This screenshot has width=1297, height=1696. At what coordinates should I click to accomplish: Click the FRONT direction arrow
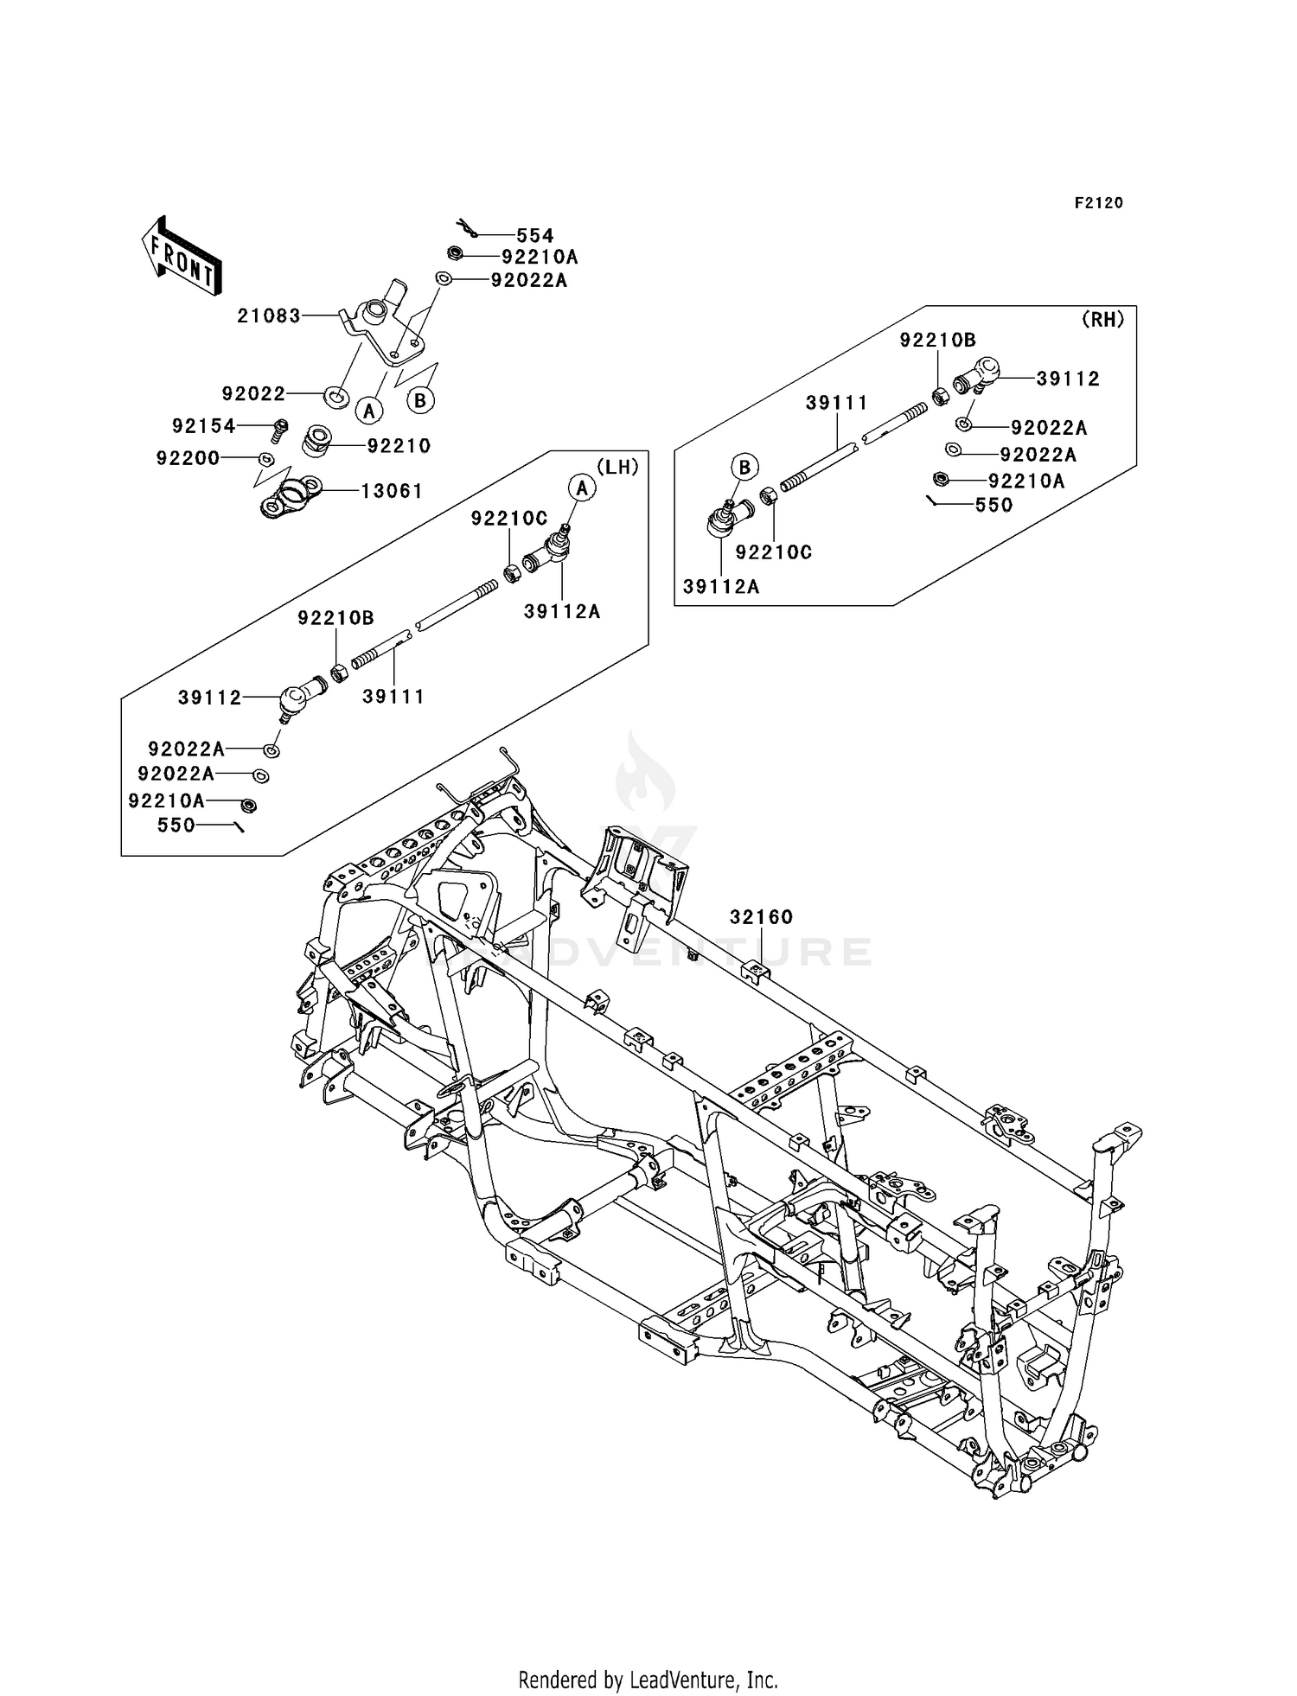click(182, 258)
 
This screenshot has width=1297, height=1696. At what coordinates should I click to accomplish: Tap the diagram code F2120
click(1098, 203)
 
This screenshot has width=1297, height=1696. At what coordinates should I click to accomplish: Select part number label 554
click(534, 235)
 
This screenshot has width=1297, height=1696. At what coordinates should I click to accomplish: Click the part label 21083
click(269, 316)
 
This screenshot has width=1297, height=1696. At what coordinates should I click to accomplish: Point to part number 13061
click(392, 491)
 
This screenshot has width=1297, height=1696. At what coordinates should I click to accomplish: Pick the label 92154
click(204, 425)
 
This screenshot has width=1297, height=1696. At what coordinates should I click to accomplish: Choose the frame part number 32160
click(761, 916)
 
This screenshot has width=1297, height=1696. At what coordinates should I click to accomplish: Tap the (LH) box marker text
click(617, 467)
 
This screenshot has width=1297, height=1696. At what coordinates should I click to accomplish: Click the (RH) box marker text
click(1102, 320)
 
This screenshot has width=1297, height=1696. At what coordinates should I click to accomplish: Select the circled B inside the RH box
click(744, 467)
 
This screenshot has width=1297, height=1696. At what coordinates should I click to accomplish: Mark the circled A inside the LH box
click(582, 488)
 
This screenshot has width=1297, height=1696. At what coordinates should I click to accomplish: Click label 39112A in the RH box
click(721, 587)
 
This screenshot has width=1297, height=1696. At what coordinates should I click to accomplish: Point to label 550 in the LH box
click(176, 826)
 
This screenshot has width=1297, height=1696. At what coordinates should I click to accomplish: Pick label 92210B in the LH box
click(336, 618)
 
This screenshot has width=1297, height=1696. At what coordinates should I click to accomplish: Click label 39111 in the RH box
click(837, 403)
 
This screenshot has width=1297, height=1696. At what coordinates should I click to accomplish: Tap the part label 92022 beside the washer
click(253, 394)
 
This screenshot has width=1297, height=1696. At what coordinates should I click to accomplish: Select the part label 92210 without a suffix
click(399, 446)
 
